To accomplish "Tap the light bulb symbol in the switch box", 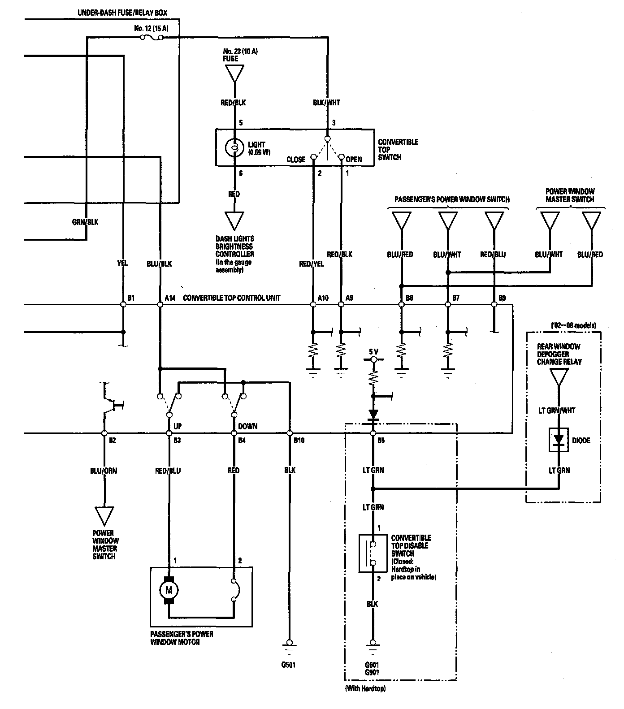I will (234, 147).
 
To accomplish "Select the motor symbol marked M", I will (169, 590).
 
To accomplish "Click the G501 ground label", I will (289, 665).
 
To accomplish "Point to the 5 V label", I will (373, 352).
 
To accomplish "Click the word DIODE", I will (581, 441).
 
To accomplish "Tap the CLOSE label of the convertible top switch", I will (296, 159).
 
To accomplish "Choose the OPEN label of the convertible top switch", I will (354, 159).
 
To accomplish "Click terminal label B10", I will (299, 441).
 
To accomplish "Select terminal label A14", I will (170, 298).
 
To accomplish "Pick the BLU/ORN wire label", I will (104, 471).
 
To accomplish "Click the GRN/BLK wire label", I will (85, 222).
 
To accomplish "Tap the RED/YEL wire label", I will (312, 264).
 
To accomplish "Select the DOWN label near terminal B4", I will (247, 426).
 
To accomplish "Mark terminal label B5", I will (381, 441).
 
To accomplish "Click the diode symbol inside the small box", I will (559, 441).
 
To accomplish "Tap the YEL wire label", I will (122, 263).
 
